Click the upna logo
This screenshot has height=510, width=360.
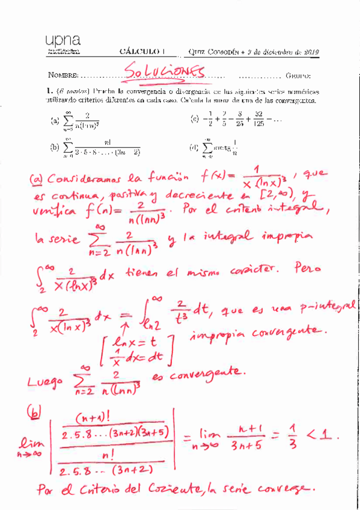[62, 42]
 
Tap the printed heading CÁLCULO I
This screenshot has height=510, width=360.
[145, 52]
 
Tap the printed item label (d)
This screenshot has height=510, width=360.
[194, 147]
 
